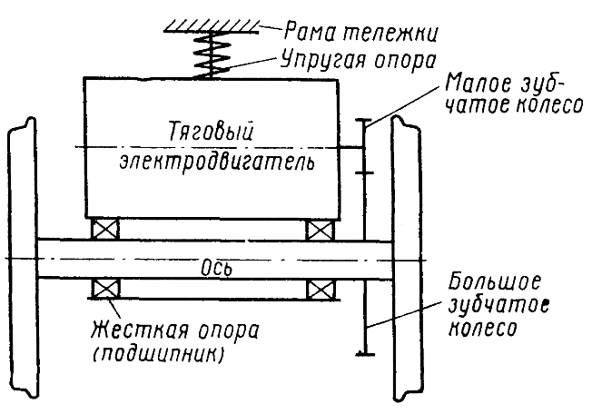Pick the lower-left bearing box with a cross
tap(105, 290)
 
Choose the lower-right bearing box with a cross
tap(320, 290)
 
